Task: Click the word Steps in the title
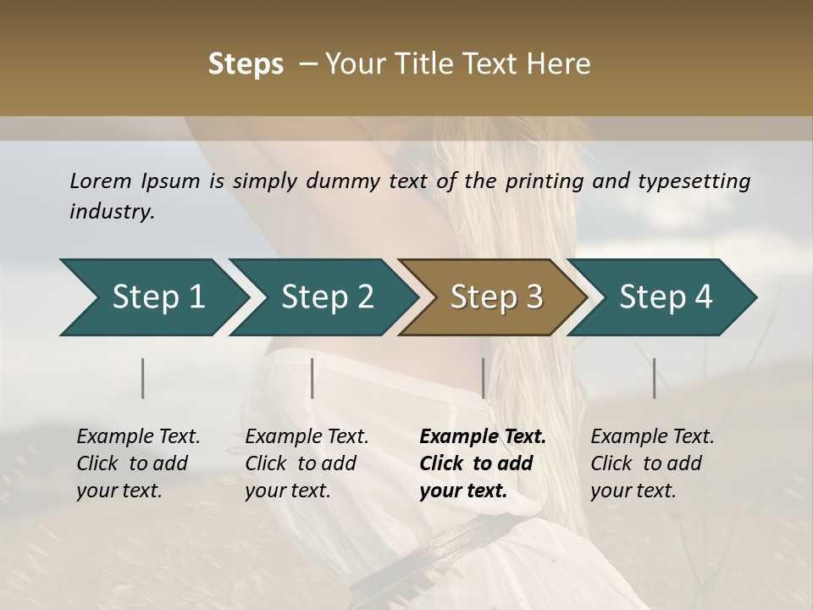246,64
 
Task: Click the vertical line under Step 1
143,378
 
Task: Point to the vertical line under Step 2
312,378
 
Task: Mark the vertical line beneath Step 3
484,378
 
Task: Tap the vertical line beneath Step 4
655,378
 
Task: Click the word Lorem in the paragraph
101,180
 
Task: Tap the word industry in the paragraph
111,212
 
